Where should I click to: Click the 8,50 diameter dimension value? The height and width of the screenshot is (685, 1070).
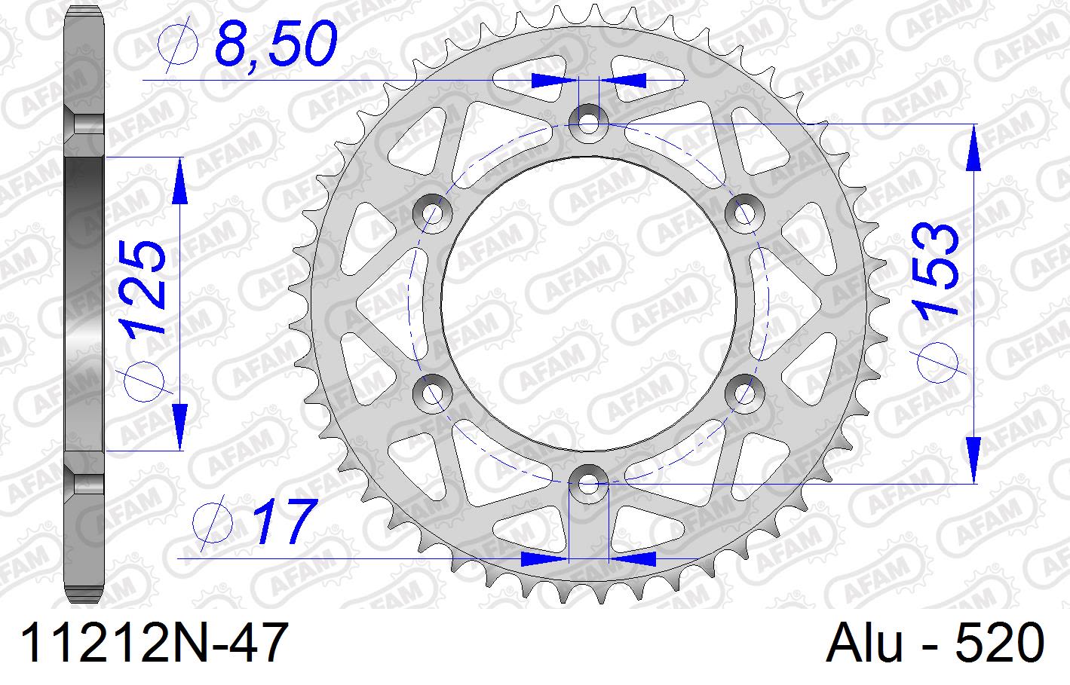[x=274, y=45]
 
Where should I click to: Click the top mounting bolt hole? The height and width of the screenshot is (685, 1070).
[x=588, y=121]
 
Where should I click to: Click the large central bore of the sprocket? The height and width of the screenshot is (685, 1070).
[x=588, y=301]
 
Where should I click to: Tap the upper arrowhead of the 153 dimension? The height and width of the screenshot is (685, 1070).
[x=973, y=147]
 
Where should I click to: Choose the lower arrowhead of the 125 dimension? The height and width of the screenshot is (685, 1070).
[x=179, y=425]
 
